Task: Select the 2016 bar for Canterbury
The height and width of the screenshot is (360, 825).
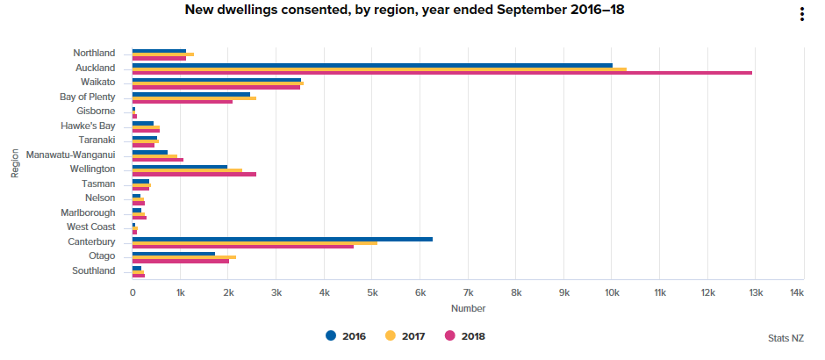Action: click(282, 239)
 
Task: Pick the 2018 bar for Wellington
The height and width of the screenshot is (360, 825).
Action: click(194, 174)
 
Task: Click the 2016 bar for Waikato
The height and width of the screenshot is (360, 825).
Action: click(216, 79)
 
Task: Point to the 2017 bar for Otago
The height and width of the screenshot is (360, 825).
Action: click(183, 257)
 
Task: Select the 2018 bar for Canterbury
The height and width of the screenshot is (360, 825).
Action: click(242, 247)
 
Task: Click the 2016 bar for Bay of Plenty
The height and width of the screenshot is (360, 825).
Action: click(190, 94)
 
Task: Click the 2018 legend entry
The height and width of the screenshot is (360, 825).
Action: click(465, 335)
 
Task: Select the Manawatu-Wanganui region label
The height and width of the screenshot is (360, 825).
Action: click(70, 155)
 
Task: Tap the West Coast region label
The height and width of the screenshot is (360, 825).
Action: click(90, 227)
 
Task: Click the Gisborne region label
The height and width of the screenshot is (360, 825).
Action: click(96, 111)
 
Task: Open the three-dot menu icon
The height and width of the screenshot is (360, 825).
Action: click(801, 14)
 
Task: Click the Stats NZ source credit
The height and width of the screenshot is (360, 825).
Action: click(785, 337)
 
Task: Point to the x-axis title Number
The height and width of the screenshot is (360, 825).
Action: click(468, 308)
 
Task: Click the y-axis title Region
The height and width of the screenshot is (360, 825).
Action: click(15, 163)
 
